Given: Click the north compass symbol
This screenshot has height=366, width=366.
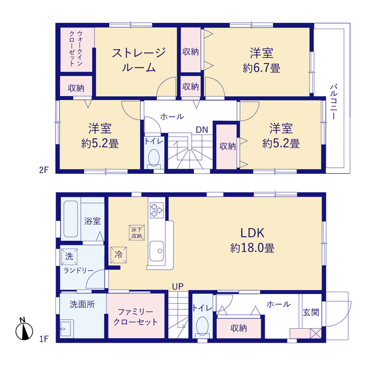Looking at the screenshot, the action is tap(24, 329).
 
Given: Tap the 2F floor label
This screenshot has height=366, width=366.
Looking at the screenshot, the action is tap(44, 170).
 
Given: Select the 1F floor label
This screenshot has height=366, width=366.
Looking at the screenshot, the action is tap(44, 339).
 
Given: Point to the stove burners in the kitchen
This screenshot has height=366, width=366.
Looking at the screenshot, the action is tap(156, 210).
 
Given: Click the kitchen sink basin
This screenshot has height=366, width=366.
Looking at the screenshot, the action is tap(156, 251).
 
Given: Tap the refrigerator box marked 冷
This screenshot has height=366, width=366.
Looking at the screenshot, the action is tap(118, 254).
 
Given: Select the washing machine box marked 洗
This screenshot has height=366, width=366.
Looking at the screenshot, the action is tap(69, 257).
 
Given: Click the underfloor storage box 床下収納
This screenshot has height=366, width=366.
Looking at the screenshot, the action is tap(137, 233).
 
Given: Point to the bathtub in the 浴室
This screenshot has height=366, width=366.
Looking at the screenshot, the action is tap(70, 219).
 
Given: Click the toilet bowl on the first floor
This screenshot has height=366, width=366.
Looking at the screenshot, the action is tap(202, 326).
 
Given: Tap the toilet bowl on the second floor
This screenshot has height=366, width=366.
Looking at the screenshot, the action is tap(154, 158).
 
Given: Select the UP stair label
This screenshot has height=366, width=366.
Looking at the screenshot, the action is tap(178, 287).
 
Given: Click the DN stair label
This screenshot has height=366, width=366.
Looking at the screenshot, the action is tap(202, 130).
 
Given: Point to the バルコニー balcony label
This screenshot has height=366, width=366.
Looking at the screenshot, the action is tap(334, 102).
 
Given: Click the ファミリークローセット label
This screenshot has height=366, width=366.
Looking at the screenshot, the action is tap(136, 317).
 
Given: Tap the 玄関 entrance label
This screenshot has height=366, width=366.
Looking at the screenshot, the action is tap(311, 312).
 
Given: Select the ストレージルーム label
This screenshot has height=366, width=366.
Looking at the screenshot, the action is tap(138, 59).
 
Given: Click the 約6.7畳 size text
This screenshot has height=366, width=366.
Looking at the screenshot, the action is tap(261, 68).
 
